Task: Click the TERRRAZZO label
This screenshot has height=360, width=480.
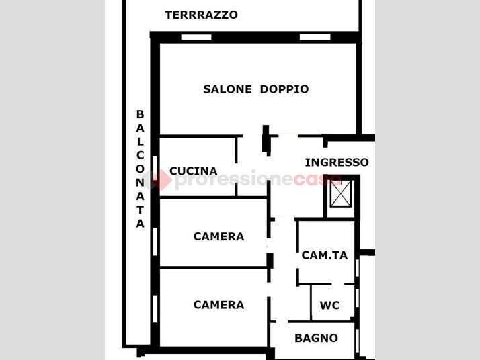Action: (202, 15)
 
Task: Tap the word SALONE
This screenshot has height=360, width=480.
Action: (227, 89)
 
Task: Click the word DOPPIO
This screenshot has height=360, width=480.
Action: (284, 89)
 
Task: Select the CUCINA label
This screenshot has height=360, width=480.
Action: (194, 171)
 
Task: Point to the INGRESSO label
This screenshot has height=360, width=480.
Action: (337, 162)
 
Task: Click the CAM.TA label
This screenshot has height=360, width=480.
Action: (325, 255)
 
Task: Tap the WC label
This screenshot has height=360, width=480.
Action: (329, 305)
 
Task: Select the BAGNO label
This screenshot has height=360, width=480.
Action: (316, 338)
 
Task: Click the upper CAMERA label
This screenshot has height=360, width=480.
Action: (219, 236)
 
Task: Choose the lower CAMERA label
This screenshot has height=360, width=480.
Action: (219, 305)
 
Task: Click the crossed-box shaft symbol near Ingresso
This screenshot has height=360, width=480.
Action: (341, 193)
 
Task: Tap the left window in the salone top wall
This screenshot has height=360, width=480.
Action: (196, 37)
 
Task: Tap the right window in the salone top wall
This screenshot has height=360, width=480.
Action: (315, 37)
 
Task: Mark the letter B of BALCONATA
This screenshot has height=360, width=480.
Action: (140, 114)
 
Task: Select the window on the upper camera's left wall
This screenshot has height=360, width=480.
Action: (155, 242)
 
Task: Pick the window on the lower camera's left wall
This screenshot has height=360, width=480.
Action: (155, 309)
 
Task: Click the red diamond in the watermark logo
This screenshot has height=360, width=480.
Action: (161, 180)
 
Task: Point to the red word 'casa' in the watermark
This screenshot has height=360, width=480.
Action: (317, 180)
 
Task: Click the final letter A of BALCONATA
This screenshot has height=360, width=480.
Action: (140, 224)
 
